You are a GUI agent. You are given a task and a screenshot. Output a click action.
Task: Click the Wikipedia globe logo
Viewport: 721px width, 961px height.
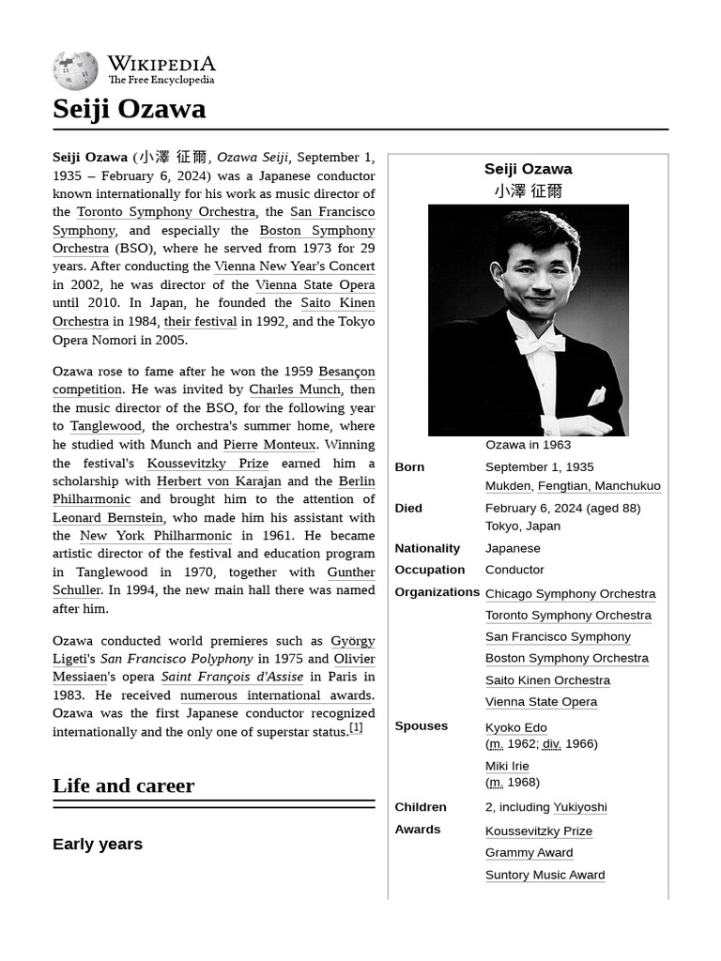tap(75, 70)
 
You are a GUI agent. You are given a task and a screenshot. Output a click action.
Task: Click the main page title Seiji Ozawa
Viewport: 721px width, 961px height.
tap(129, 109)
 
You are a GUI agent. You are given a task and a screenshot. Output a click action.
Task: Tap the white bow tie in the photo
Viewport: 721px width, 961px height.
tap(543, 344)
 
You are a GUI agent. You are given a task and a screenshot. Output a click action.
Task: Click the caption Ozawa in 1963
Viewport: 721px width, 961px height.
tap(528, 445)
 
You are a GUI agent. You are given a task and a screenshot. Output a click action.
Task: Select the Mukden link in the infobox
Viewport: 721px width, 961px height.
tap(508, 486)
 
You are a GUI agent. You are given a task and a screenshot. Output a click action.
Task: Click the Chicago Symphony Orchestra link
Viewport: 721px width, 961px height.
tap(570, 594)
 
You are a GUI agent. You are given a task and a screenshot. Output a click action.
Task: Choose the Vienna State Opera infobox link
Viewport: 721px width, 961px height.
tap(541, 702)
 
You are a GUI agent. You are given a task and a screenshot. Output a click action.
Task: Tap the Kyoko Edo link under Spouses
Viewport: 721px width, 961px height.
tap(515, 727)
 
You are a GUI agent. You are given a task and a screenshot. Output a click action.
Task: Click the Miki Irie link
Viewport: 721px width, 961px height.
tap(507, 766)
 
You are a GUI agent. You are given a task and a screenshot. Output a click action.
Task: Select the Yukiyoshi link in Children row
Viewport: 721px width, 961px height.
tap(579, 807)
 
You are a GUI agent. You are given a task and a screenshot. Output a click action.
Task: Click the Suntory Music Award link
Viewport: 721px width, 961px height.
tap(545, 875)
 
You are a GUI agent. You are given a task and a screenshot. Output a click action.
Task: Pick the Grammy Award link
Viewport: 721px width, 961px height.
tap(529, 853)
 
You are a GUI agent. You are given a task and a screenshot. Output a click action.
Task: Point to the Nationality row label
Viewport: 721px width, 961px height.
tap(427, 548)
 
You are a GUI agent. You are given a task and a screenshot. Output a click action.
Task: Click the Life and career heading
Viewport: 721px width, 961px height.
tap(123, 786)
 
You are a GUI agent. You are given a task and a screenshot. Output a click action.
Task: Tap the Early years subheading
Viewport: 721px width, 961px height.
tap(98, 845)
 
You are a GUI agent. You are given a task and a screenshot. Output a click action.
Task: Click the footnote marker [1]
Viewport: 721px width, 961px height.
tap(356, 728)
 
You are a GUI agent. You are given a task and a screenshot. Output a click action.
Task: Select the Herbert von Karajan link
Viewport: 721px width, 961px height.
tap(219, 481)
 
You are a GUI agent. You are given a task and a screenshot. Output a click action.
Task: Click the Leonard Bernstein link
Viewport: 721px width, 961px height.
tap(108, 518)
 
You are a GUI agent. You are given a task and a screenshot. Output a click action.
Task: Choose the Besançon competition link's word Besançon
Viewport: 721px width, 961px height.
tap(346, 372)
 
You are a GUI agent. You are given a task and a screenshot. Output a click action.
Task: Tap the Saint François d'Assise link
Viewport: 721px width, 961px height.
tap(232, 677)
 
